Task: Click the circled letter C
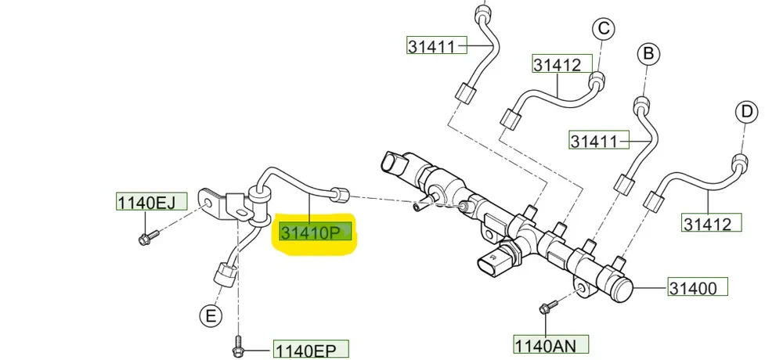[x=602, y=30]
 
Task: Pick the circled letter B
[x=648, y=53]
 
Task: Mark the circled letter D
[x=747, y=112]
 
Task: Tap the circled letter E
[x=208, y=315]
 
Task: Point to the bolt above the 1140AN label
[x=547, y=307]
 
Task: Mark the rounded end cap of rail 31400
[x=622, y=287]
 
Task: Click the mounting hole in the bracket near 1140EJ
[x=210, y=200]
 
